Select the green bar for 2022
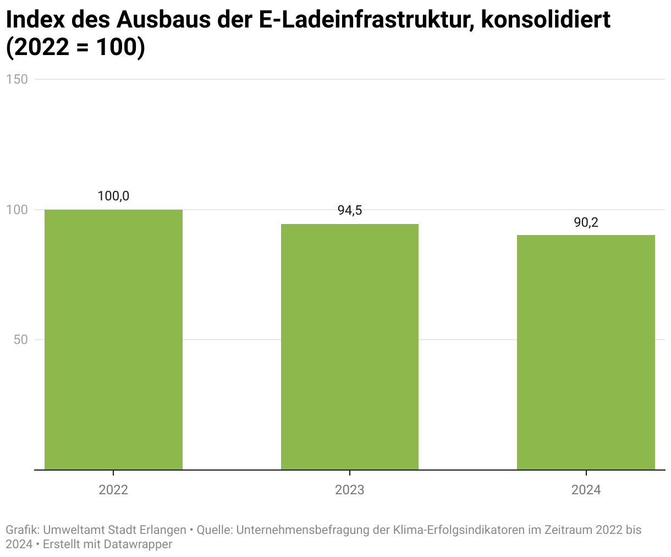[x=113, y=340]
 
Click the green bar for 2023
[x=350, y=347]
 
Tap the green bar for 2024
[x=586, y=352]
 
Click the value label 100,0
[x=113, y=196]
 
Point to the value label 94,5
[x=350, y=210]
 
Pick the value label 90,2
[x=586, y=222]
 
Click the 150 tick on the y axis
[x=16, y=79]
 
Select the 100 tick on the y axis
[x=16, y=210]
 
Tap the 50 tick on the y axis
[x=20, y=340]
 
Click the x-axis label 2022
[x=113, y=489]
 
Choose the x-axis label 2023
[x=350, y=489]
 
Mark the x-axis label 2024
[x=586, y=489]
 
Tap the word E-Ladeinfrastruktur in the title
[x=366, y=21]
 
